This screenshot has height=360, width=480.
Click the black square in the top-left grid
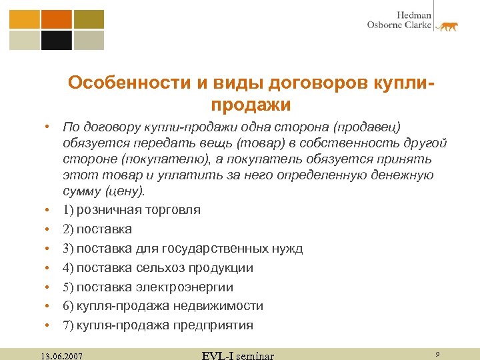point(57,41)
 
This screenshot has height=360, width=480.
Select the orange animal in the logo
point(445,27)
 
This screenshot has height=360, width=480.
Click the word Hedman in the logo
point(414,14)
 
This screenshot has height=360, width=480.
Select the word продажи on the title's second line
point(251,105)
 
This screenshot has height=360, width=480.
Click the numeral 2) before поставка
point(68,229)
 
